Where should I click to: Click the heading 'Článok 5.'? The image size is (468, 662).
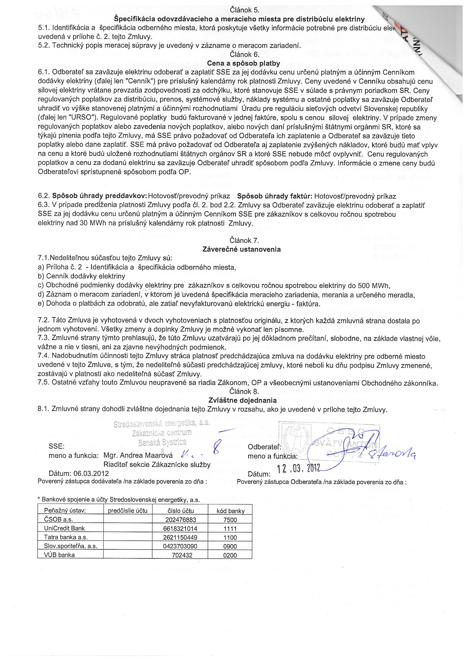pos(245,10)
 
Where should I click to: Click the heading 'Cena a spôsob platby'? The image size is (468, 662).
pos(244,63)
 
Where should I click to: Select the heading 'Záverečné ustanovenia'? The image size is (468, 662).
pos(242,249)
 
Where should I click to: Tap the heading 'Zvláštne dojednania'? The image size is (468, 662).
pos(242,400)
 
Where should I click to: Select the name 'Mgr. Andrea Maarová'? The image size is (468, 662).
pos(138,455)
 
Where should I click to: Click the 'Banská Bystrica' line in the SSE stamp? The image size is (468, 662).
pos(162,442)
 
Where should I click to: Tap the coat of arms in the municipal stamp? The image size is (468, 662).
pos(296,440)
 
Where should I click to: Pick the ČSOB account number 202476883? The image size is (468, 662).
pos(181,520)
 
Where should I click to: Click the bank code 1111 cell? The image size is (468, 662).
pos(230,529)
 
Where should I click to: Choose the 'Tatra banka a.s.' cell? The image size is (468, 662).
pos(66,537)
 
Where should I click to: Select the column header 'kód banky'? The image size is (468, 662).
pos(230,511)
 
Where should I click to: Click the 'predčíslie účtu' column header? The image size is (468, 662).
pos(128,511)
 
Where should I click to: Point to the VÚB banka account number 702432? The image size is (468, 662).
pos(182,555)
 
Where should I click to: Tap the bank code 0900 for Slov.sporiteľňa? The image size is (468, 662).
pos(230,546)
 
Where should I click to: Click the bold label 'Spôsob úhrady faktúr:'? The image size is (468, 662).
pos(274,196)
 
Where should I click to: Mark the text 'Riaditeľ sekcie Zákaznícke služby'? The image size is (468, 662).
pos(157,464)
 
